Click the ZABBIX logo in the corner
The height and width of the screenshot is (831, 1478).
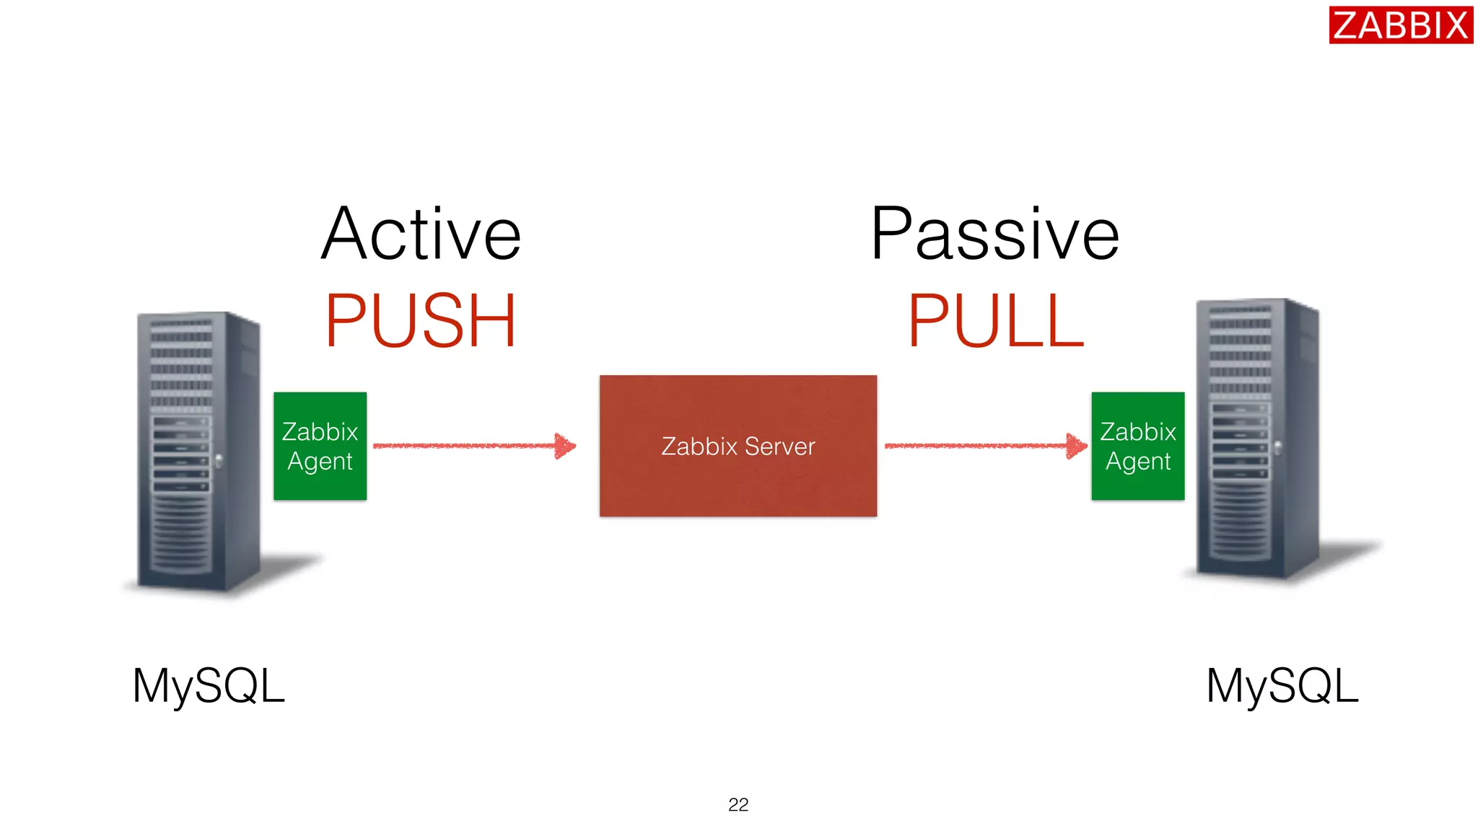click(1400, 25)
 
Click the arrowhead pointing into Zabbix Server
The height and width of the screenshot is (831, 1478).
click(565, 446)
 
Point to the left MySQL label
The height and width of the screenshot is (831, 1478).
click(209, 685)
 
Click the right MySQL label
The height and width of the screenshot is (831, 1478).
click(1282, 685)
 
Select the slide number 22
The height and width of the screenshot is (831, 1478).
click(738, 804)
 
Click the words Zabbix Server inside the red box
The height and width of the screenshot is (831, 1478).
click(738, 447)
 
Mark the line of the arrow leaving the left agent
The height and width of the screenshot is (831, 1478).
click(462, 446)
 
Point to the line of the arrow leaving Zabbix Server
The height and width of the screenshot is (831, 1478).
click(974, 446)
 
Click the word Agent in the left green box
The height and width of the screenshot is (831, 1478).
click(320, 461)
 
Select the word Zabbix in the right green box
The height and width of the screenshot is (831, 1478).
click(1137, 431)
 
